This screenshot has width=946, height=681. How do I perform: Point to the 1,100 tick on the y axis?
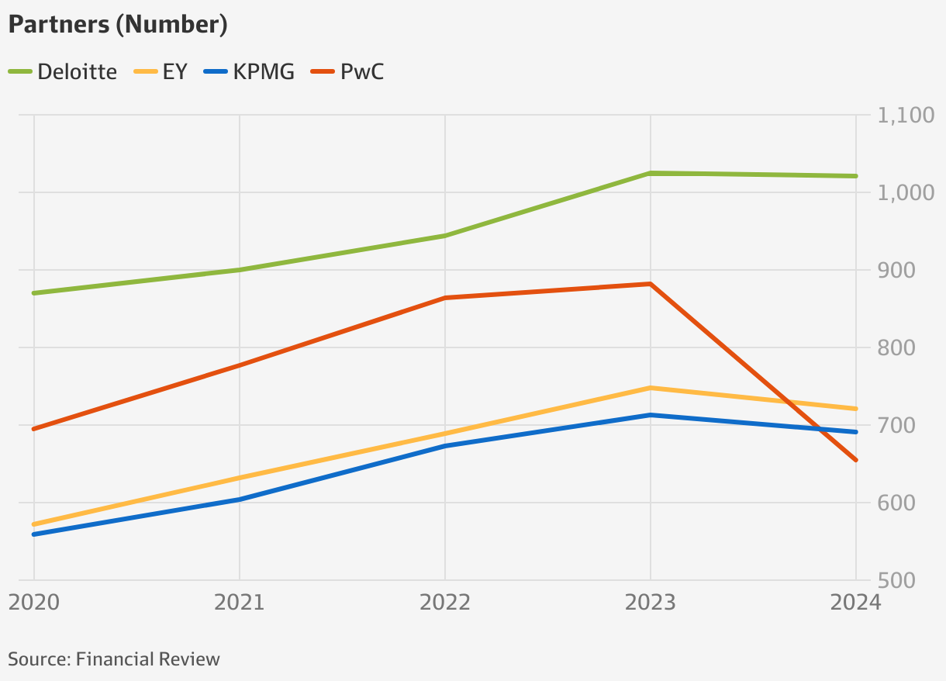click(905, 116)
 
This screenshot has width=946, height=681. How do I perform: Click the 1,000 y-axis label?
click(905, 193)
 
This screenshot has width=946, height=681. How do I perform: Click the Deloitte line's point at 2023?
click(651, 173)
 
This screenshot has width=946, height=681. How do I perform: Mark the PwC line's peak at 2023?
click(651, 284)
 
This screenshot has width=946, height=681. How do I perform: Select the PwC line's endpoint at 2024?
click(855, 460)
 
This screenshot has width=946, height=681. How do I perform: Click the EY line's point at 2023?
click(651, 388)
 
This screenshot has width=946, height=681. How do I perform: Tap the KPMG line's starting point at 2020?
click(34, 534)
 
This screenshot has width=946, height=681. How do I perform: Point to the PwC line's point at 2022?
click(445, 298)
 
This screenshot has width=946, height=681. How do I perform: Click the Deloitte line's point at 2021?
click(240, 270)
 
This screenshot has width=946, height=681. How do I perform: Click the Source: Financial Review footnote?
click(114, 659)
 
